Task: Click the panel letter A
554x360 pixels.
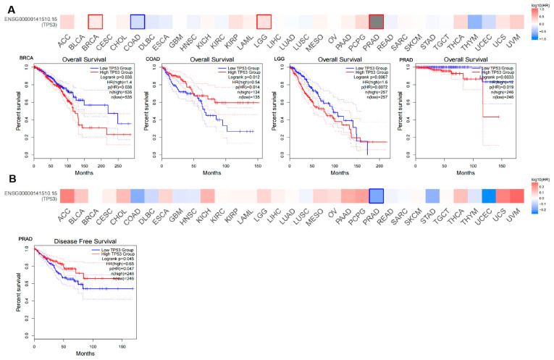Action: [6, 7]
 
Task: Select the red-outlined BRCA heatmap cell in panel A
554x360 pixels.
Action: [95, 22]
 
